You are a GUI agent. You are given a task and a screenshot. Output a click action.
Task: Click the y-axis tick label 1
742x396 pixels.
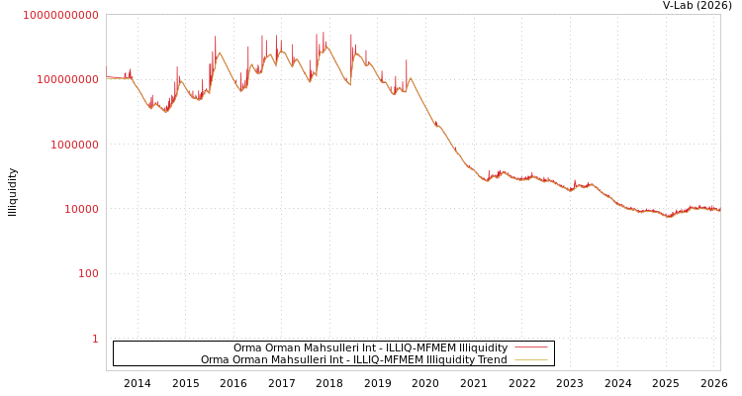point(95,339)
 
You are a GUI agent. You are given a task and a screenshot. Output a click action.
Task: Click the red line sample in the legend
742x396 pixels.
point(531,348)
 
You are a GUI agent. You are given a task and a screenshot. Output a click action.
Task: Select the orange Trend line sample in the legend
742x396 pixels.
point(531,360)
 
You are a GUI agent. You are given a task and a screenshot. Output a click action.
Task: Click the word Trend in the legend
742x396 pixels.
point(492,360)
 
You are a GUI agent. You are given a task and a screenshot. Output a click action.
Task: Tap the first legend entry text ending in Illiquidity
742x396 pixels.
point(370,348)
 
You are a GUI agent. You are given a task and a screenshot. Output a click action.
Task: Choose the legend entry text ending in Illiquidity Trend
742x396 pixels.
point(353,360)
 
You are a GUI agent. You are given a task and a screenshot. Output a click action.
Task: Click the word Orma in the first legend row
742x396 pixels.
point(247,348)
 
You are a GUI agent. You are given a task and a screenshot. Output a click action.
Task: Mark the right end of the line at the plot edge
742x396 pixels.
point(719,211)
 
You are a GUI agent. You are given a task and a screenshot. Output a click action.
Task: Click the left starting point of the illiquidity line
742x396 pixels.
point(107,77)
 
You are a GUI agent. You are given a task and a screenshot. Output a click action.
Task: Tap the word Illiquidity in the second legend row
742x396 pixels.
point(452,360)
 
